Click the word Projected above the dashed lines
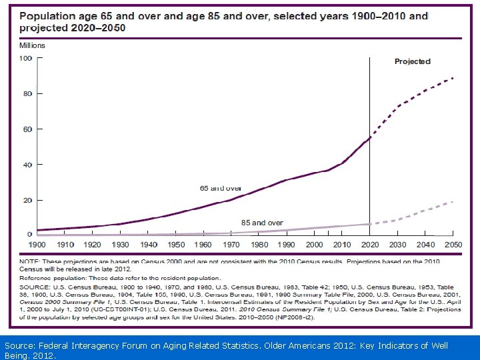412,61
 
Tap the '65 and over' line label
221,189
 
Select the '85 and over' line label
261,223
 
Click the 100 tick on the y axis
25,59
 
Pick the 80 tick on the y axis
27,94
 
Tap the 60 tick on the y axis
27,129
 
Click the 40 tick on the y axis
27,165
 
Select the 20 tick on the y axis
27,200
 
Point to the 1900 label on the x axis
37,245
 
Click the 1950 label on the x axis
176,245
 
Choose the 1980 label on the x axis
259,245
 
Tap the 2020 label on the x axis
370,245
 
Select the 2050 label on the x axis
453,245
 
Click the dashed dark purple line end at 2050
453,78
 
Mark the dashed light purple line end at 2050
453,201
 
